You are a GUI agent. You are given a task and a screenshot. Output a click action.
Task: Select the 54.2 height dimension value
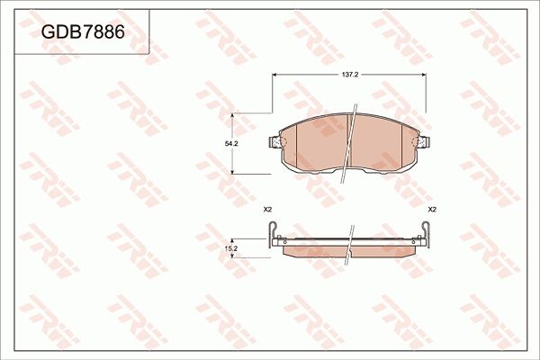231,144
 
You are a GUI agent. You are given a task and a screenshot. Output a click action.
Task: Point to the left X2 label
267,209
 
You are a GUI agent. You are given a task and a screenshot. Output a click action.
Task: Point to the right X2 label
432,209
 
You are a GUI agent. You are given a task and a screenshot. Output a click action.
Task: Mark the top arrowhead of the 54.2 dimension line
235,116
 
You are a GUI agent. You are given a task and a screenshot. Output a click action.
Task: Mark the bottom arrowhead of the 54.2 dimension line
235,171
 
